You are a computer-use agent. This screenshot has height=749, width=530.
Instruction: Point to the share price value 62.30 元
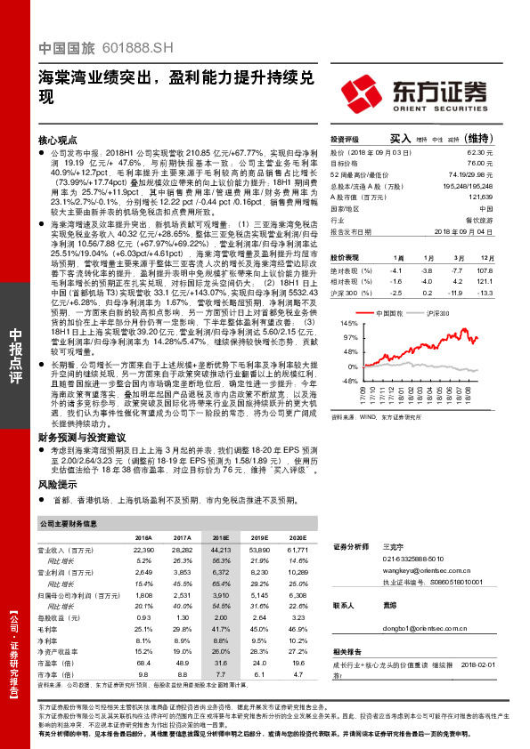coord(482,153)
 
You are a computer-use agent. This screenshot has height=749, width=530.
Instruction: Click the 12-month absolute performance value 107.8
coord(485,269)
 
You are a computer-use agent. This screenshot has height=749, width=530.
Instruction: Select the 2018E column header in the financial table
coord(219,537)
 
